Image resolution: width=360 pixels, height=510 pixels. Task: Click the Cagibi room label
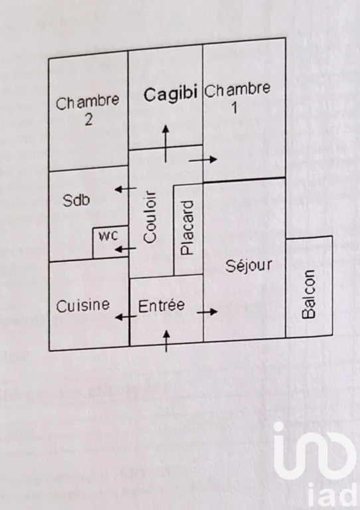pyautogui.click(x=171, y=95)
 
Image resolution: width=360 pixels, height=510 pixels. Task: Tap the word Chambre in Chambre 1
pyautogui.click(x=237, y=90)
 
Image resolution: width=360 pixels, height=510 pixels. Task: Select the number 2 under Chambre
pyautogui.click(x=88, y=120)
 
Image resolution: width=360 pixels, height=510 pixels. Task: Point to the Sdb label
pyautogui.click(x=76, y=200)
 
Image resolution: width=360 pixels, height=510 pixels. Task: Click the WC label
pyautogui.click(x=108, y=236)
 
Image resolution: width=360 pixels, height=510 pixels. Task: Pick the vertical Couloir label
pyautogui.click(x=150, y=217)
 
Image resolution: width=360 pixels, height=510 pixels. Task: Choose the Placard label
pyautogui.click(x=187, y=228)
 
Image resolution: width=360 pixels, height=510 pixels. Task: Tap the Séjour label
pyautogui.click(x=249, y=266)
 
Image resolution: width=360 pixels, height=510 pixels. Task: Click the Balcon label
pyautogui.click(x=308, y=294)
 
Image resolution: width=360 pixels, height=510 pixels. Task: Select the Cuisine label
pyautogui.click(x=83, y=305)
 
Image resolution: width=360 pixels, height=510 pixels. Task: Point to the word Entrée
pyautogui.click(x=161, y=305)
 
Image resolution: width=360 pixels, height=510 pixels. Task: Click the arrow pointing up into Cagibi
pyautogui.click(x=166, y=143)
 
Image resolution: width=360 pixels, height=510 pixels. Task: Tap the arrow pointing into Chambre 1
pyautogui.click(x=203, y=159)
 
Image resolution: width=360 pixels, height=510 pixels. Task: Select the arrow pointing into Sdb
pyautogui.click(x=126, y=189)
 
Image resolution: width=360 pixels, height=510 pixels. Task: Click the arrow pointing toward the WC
pyautogui.click(x=126, y=249)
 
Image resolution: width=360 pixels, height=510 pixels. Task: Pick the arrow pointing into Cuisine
pyautogui.click(x=126, y=317)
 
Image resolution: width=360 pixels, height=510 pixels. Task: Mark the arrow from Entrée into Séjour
pyautogui.click(x=207, y=312)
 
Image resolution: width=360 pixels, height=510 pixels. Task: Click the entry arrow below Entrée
pyautogui.click(x=167, y=341)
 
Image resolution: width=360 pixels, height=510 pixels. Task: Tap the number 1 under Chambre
pyautogui.click(x=234, y=108)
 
